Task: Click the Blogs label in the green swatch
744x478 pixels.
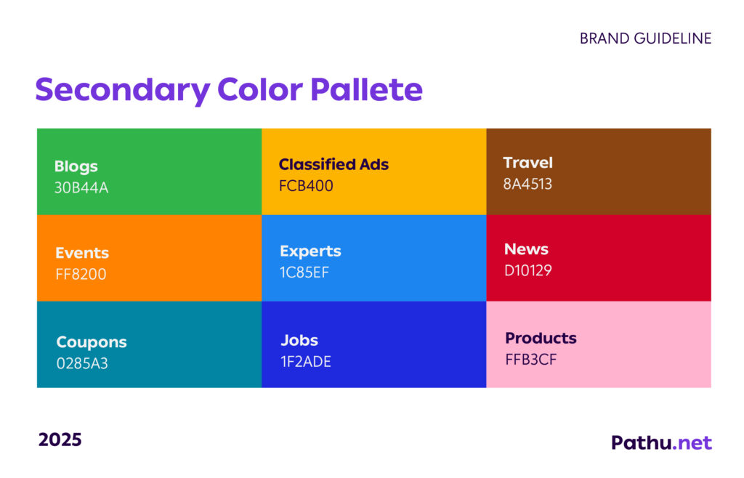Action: [x=76, y=167]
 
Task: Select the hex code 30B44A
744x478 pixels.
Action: [x=81, y=187]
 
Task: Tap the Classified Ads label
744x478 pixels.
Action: [x=333, y=164]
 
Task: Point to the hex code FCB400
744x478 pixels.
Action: [x=306, y=185]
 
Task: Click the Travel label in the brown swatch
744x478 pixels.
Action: [x=528, y=163]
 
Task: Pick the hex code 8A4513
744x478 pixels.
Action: [x=527, y=184]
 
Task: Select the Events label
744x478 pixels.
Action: [x=82, y=253]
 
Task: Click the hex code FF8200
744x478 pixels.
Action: [x=81, y=274]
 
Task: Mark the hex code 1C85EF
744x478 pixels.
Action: [x=304, y=272]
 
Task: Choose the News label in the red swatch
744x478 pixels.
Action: [x=526, y=249]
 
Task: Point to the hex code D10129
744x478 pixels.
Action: [x=528, y=270]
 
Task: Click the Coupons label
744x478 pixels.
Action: [x=92, y=343]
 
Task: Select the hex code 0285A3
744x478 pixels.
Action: [x=82, y=363]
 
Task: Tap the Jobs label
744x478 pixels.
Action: [x=299, y=340]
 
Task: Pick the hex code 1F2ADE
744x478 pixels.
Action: [x=306, y=361]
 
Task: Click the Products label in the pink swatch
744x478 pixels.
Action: [x=541, y=338]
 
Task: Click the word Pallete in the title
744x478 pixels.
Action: [x=366, y=89]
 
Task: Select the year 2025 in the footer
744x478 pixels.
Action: [x=60, y=439]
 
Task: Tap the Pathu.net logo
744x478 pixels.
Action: [x=661, y=442]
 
